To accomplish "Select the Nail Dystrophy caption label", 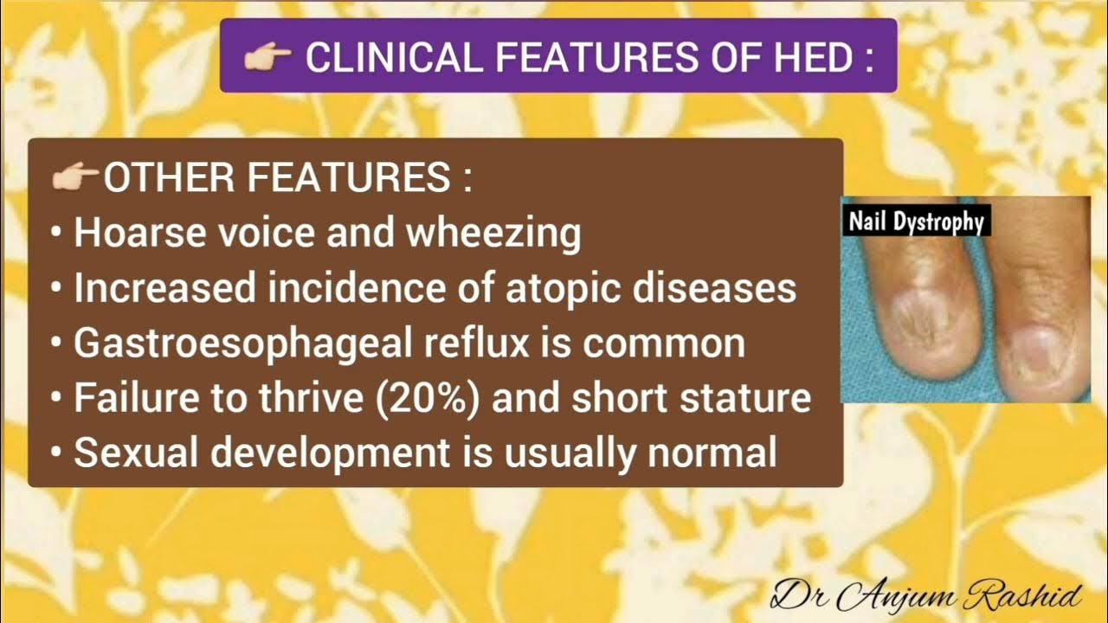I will tap(916, 222).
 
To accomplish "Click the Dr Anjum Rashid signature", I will tap(926, 595).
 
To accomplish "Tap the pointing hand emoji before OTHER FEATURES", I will tap(75, 178).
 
